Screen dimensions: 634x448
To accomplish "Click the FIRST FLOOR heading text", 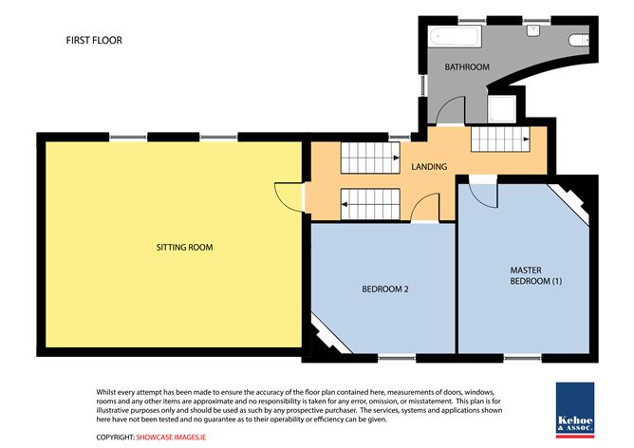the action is (94, 40).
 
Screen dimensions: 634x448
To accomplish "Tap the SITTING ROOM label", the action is (184, 248).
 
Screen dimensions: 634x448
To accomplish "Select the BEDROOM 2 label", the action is (385, 289).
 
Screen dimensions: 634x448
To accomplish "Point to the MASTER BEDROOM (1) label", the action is (535, 275).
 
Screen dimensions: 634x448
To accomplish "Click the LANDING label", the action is (429, 167).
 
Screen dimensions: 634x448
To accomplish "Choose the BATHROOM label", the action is (467, 67).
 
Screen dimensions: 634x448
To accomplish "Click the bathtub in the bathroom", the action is (456, 37).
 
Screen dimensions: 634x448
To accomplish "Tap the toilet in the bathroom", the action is (579, 40).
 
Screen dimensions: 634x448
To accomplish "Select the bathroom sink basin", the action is (533, 31).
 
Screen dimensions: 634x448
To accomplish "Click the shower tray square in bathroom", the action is (502, 108).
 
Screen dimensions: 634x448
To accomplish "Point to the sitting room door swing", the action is (289, 196).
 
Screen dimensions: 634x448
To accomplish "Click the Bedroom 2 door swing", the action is (424, 208).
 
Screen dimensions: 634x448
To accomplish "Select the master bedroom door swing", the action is (482, 196).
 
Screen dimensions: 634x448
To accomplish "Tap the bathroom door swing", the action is (451, 110).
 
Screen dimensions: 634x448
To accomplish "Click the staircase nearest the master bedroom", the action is (500, 140).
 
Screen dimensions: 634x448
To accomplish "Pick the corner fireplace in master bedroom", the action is (569, 202).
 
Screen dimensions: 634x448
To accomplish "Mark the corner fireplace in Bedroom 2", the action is (330, 333).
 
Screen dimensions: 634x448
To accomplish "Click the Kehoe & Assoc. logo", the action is (575, 410).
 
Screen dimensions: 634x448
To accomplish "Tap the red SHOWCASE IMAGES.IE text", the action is (171, 437).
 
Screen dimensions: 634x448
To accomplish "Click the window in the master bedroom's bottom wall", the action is (522, 358).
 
